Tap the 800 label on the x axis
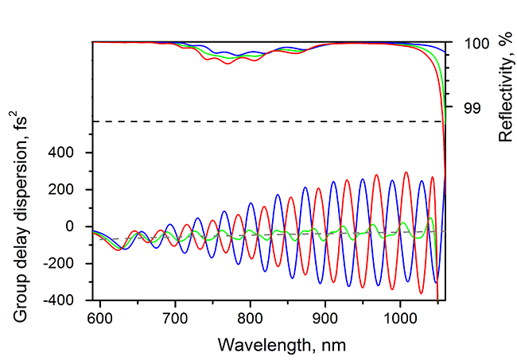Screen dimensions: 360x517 point(250,319)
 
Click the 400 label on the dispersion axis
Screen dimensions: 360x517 point(73,153)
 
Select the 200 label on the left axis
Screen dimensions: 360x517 point(73,190)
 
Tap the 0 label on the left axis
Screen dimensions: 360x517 point(80,226)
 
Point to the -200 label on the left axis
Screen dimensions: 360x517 point(71,264)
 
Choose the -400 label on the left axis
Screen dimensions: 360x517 point(71,300)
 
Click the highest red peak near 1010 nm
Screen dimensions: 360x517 point(406,172)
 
